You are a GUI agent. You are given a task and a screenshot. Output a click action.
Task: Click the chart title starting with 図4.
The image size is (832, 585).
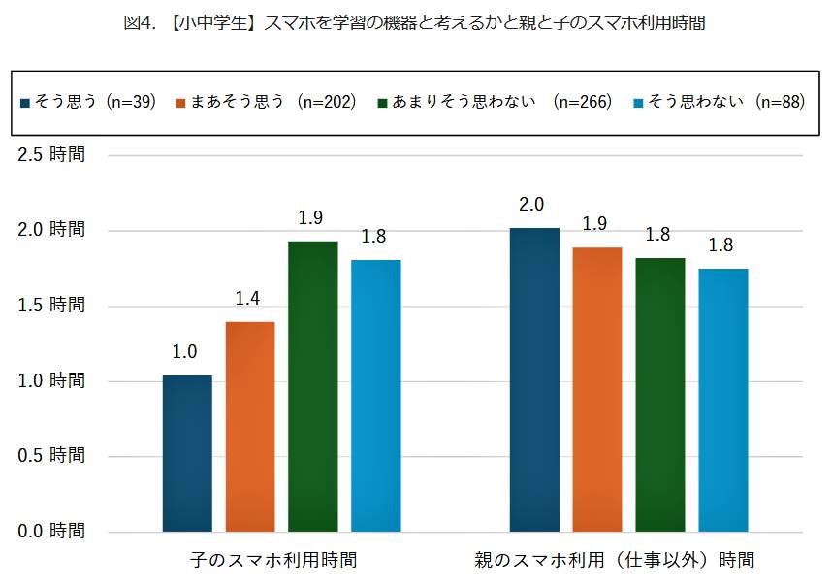(x=415, y=24)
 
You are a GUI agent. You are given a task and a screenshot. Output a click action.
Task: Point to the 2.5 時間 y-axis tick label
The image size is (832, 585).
(x=52, y=155)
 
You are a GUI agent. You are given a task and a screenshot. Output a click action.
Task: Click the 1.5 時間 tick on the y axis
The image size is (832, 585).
(x=52, y=306)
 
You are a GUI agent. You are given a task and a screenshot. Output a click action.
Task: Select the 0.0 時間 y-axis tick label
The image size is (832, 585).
(x=52, y=531)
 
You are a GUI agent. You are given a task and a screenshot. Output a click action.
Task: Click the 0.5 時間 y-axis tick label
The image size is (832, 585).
(x=52, y=456)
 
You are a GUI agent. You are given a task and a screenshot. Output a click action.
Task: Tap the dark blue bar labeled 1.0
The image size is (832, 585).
(x=187, y=453)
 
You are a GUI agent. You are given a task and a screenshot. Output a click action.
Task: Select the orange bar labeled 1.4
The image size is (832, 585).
(x=250, y=427)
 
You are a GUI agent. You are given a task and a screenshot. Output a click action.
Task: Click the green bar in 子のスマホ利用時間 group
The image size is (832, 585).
(x=313, y=386)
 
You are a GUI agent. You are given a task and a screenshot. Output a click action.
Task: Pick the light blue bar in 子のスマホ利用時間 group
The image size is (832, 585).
(x=376, y=396)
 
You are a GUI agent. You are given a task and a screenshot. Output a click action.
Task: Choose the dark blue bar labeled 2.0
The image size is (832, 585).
(x=534, y=379)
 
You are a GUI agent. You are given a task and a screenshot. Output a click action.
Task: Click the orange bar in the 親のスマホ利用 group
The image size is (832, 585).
(x=597, y=389)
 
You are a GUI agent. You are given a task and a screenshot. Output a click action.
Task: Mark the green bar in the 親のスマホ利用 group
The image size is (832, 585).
(x=660, y=395)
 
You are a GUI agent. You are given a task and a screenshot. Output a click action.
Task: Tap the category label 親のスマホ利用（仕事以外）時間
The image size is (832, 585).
(x=614, y=561)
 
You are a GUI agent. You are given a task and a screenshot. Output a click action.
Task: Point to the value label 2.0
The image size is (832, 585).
(x=531, y=205)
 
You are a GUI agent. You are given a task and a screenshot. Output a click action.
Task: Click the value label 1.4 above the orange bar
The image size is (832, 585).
(x=248, y=299)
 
